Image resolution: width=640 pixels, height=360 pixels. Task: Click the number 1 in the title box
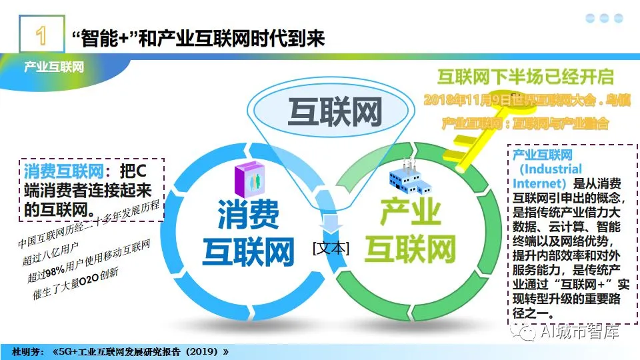(x=41, y=36)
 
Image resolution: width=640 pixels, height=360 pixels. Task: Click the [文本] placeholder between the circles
(x=330, y=248)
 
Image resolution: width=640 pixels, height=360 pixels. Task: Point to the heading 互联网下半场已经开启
(x=525, y=76)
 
